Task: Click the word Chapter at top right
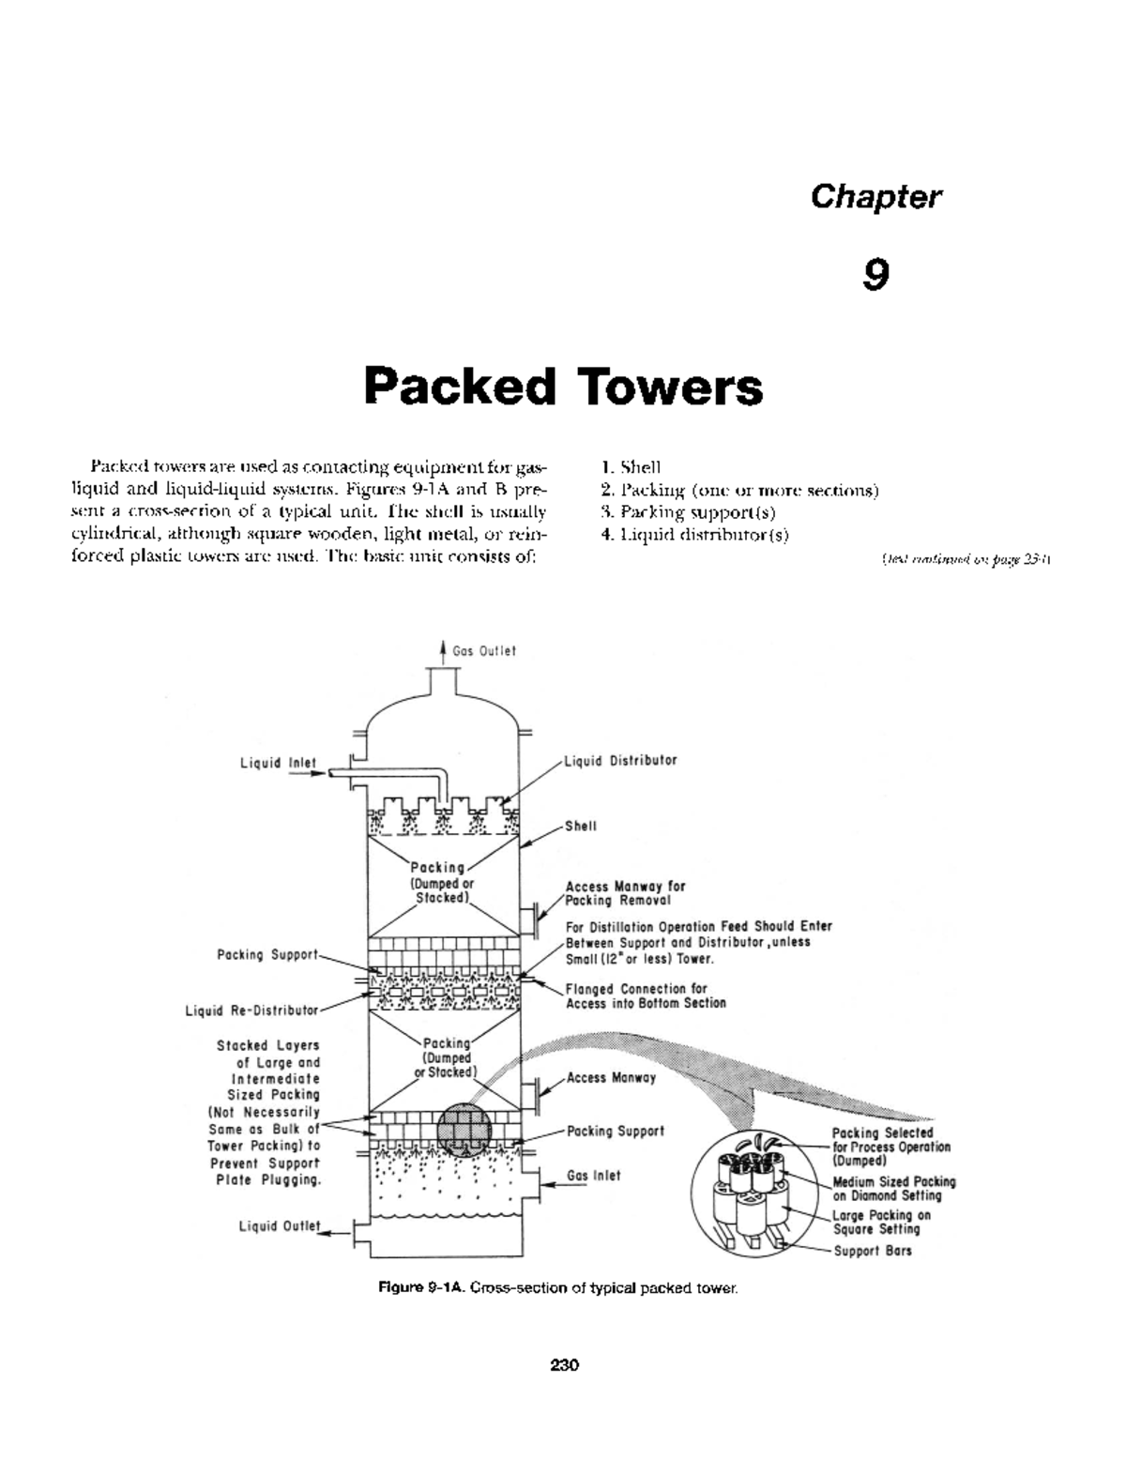pos(875,197)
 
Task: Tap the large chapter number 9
pos(875,274)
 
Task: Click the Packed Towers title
pos(563,387)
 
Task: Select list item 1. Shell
pos(631,466)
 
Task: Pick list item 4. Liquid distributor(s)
pos(694,535)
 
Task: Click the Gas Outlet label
pos(484,650)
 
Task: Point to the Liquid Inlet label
pos(278,763)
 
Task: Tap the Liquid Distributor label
pos(620,760)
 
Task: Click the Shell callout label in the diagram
pos(580,826)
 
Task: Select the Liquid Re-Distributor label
pos(251,1011)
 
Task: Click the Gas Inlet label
pos(593,1175)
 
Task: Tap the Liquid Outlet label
pos(280,1225)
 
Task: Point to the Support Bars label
pos(873,1251)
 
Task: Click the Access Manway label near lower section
pos(611,1077)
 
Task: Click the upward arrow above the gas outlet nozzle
pos(443,649)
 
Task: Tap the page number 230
pos(564,1364)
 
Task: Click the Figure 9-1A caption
pos(558,1288)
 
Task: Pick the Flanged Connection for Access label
pos(646,995)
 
